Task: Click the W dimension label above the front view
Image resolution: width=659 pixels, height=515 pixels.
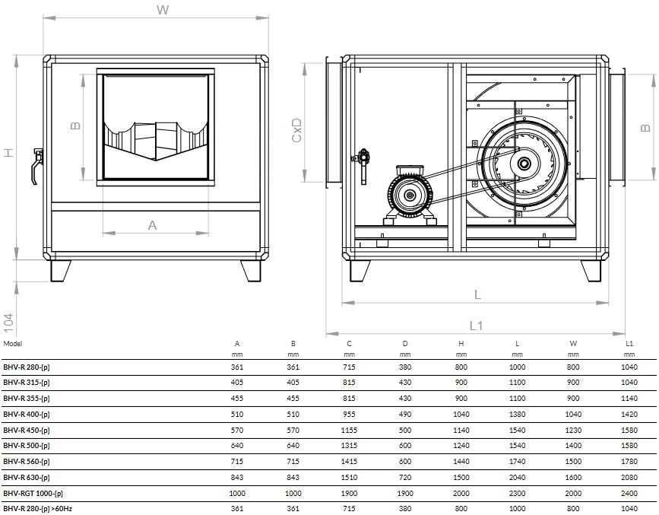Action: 162,10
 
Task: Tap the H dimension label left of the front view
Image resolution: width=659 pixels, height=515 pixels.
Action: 8,152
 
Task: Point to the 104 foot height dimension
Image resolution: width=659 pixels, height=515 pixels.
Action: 8,322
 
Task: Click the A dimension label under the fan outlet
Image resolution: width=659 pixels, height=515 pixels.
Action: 152,225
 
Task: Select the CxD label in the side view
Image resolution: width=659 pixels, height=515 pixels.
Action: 297,130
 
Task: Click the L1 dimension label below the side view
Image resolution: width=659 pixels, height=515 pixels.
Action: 476,325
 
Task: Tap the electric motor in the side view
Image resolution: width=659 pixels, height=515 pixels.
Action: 410,196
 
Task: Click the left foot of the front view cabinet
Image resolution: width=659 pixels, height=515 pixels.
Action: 61,270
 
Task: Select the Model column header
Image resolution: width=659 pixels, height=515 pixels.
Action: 13,344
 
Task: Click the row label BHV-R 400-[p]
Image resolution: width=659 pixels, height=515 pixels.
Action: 27,415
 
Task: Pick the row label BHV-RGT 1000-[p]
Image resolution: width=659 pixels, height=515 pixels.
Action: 33,493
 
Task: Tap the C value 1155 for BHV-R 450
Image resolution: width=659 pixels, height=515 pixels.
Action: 349,430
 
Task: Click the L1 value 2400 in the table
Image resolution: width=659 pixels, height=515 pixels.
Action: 629,493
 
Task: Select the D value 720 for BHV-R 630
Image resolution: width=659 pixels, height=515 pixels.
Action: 405,477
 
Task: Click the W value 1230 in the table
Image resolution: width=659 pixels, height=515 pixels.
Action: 573,430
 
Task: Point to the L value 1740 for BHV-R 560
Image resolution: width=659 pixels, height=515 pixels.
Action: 517,462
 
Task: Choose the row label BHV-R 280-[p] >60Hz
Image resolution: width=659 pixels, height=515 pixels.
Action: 37,508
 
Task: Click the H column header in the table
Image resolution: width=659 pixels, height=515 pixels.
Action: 461,344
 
